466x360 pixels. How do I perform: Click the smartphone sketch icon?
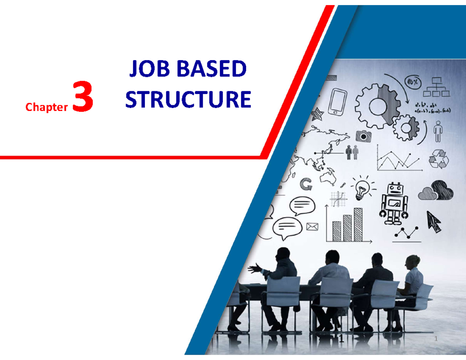tap(337, 101)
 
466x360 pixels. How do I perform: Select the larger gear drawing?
tap(377, 106)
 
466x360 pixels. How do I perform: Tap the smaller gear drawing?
tap(406, 128)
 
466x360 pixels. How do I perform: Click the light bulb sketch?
tap(362, 188)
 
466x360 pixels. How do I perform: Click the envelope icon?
tap(312, 227)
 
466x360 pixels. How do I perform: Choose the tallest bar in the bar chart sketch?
tap(358, 224)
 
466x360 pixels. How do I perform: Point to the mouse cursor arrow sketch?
tap(434, 222)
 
